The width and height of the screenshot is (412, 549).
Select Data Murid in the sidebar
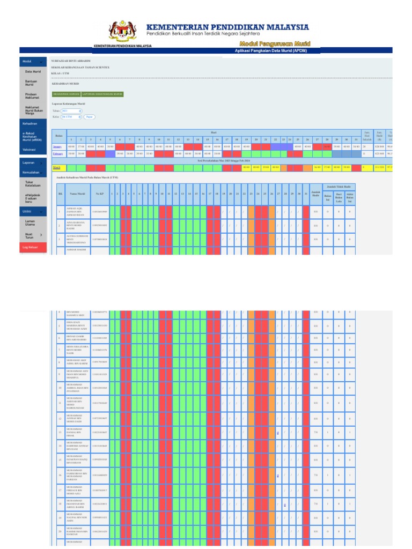coord(33,71)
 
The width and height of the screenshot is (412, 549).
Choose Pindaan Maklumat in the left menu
coord(32,96)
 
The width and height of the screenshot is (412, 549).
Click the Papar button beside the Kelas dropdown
coord(90,116)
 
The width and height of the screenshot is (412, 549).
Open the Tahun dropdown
coord(71,110)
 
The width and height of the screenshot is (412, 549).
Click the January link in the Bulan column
coord(57,146)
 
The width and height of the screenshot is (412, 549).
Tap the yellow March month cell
coord(57,167)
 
